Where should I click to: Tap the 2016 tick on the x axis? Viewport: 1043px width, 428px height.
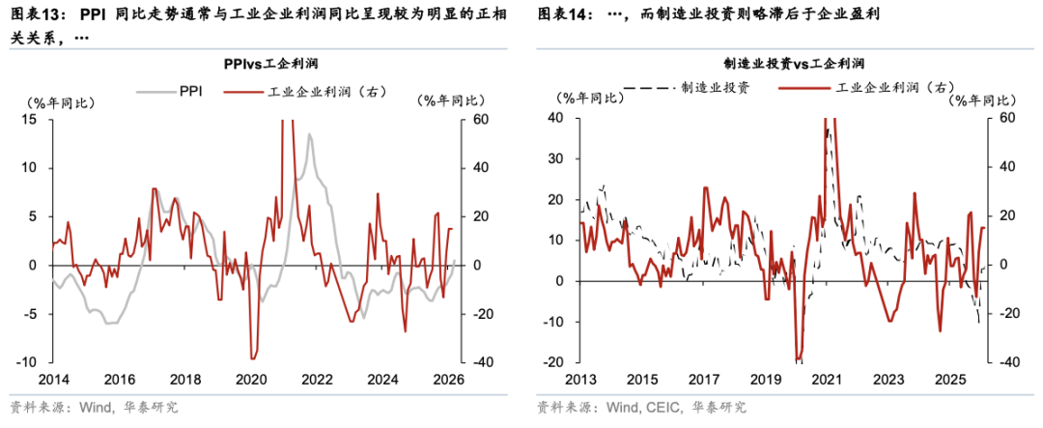[120, 379]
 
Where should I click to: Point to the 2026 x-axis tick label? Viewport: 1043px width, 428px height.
[449, 379]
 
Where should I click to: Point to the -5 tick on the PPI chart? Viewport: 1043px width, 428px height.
[30, 314]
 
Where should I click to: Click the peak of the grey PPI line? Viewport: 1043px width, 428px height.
[310, 134]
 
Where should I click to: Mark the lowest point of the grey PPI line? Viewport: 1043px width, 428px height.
[109, 323]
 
